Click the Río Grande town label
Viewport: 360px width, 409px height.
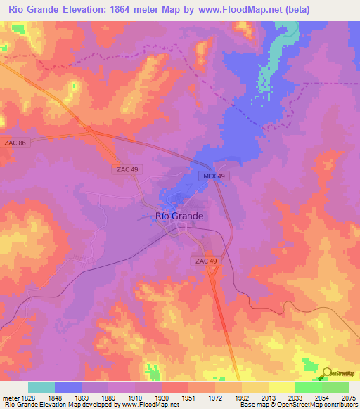coord(179,216)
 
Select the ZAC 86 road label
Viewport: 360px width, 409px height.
coord(13,142)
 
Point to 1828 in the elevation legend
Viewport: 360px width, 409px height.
coord(27,398)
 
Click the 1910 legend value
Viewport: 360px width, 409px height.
coord(135,398)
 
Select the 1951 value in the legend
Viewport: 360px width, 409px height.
coord(188,398)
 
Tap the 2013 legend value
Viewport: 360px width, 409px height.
coord(268,398)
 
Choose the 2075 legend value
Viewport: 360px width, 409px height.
coord(348,398)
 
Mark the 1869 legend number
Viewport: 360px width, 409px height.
coord(82,398)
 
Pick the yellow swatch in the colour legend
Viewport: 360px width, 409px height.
coord(281,387)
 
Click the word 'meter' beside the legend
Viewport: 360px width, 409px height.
coord(10,398)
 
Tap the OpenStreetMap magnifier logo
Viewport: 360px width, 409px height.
coord(326,373)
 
